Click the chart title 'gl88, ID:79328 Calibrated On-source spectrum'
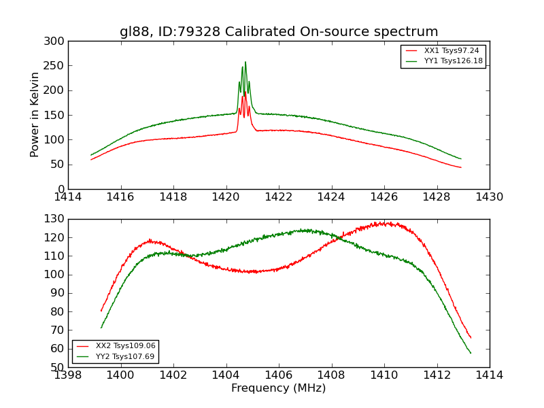pyautogui.click(x=279, y=32)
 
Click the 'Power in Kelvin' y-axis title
pyautogui.click(x=35, y=115)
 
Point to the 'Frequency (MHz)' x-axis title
pyautogui.click(x=279, y=388)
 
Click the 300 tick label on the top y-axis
pyautogui.click(x=56, y=41)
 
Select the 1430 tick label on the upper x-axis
pyautogui.click(x=490, y=197)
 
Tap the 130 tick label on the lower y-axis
pyautogui.click(x=56, y=219)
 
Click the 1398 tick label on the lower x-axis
pyautogui.click(x=68, y=375)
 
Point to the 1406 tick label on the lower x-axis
pyautogui.click(x=279, y=375)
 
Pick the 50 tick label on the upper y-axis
pyautogui.click(x=59, y=165)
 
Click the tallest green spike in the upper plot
pyautogui.click(x=245, y=62)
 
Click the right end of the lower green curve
pyautogui.click(x=471, y=353)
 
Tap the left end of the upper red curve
pyautogui.click(x=91, y=159)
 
